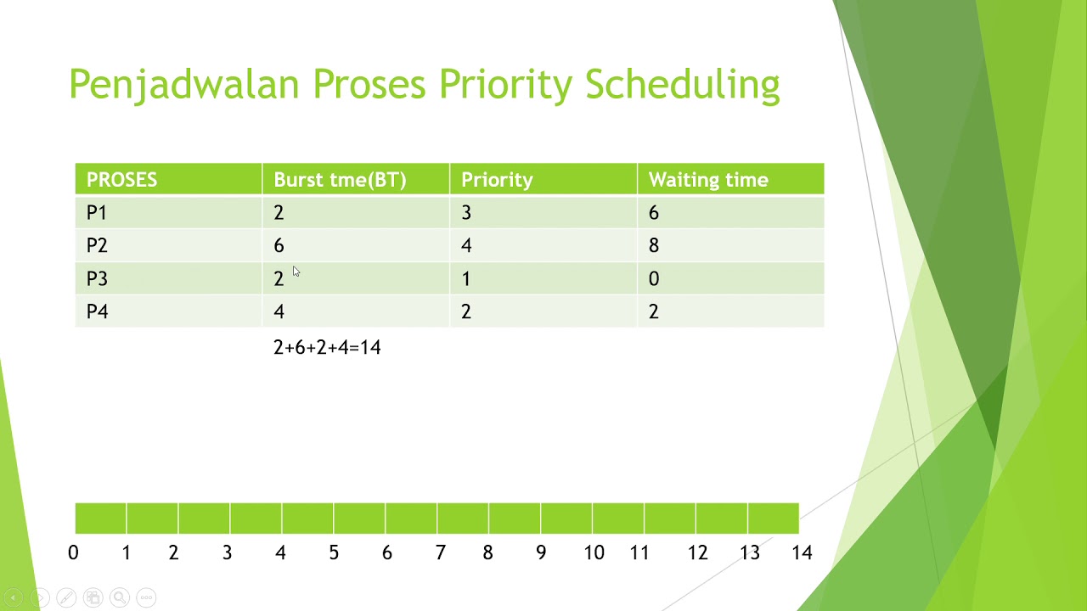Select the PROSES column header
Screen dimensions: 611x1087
click(121, 180)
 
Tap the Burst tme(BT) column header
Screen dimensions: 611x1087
click(340, 180)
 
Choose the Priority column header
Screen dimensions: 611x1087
click(497, 180)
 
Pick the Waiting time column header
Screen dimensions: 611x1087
click(708, 180)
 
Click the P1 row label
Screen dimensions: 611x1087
click(97, 213)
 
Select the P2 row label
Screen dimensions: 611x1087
click(97, 246)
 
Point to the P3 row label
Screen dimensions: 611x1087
click(97, 279)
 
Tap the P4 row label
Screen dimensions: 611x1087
click(97, 311)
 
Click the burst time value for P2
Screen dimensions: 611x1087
click(279, 246)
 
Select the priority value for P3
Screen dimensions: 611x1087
click(466, 279)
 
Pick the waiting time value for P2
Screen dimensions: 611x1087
click(654, 246)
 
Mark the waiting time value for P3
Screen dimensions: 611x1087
click(654, 279)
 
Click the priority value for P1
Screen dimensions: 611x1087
click(466, 213)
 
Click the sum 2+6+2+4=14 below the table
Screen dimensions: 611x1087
click(327, 347)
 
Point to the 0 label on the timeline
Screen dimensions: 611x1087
click(73, 553)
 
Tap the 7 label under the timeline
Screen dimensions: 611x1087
click(440, 553)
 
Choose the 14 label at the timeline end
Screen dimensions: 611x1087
click(802, 553)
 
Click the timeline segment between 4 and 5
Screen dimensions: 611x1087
click(307, 519)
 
